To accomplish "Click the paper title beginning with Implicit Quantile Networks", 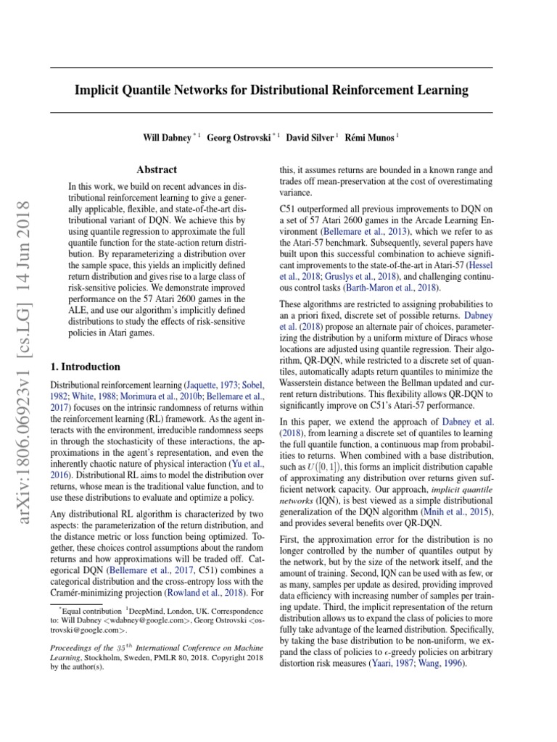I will pyautogui.click(x=271, y=91).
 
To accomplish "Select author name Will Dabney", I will pyautogui.click(x=170, y=138).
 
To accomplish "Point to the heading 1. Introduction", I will pyautogui.click(x=84, y=367).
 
